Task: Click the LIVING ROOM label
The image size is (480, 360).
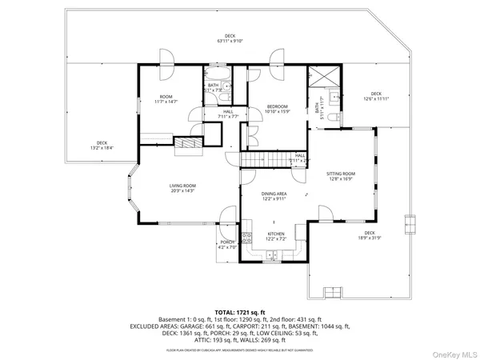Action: coord(182,186)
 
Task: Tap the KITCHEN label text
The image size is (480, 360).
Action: coord(275,234)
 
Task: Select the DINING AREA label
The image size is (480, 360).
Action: coord(274,194)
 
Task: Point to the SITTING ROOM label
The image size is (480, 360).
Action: coord(341,173)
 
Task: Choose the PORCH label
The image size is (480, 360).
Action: coord(227,242)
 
